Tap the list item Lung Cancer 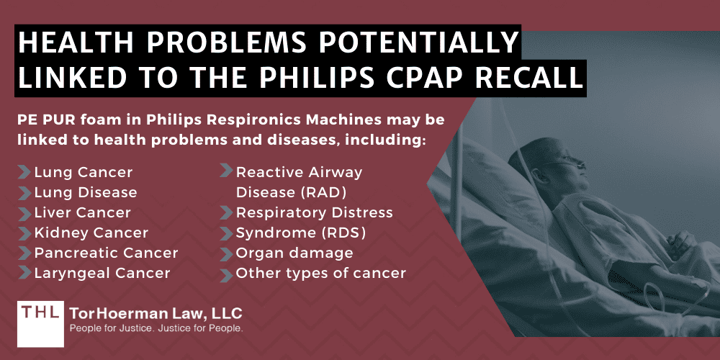click(x=83, y=173)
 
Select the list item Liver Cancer click(x=82, y=213)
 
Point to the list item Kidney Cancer click(x=91, y=233)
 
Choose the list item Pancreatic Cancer click(x=106, y=253)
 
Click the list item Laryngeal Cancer click(x=102, y=274)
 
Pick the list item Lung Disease click(x=85, y=193)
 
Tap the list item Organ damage click(x=294, y=253)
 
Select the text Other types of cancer click(x=321, y=274)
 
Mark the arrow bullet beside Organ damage click(x=226, y=253)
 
